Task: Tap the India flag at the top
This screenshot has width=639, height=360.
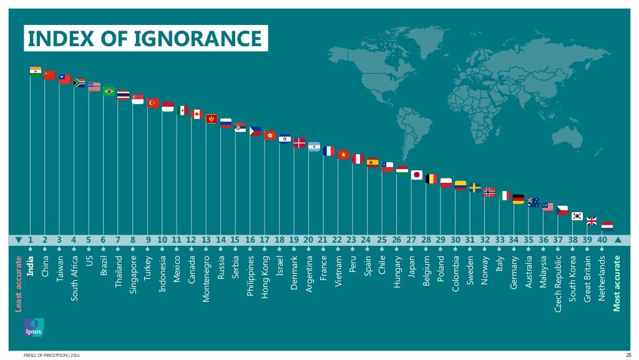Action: coord(36,71)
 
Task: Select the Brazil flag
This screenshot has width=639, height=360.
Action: coord(109,91)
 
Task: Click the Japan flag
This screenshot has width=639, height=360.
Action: coord(417,175)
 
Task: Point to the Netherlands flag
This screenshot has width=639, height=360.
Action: coord(607,226)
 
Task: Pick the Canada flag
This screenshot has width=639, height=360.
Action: coord(197,114)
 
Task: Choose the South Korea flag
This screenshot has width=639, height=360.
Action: coord(577,216)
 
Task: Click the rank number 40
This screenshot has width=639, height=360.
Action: coord(602,240)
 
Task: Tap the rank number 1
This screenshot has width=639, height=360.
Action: coord(30,240)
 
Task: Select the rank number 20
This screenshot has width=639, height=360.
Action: coord(308,240)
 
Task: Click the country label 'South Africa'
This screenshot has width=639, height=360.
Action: coord(74,278)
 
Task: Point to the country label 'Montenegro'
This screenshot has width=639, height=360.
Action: coord(206,279)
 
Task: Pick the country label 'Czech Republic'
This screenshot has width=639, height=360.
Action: coord(558,283)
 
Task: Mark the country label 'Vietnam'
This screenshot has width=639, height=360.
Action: coord(338,271)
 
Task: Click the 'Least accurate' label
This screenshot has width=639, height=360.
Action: coord(19,281)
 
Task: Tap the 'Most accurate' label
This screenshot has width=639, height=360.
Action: coord(617,283)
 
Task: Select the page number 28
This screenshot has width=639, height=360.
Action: coord(628,355)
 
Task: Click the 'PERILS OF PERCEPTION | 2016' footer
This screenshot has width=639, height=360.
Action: coord(51,355)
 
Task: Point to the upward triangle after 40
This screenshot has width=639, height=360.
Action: coord(618,240)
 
